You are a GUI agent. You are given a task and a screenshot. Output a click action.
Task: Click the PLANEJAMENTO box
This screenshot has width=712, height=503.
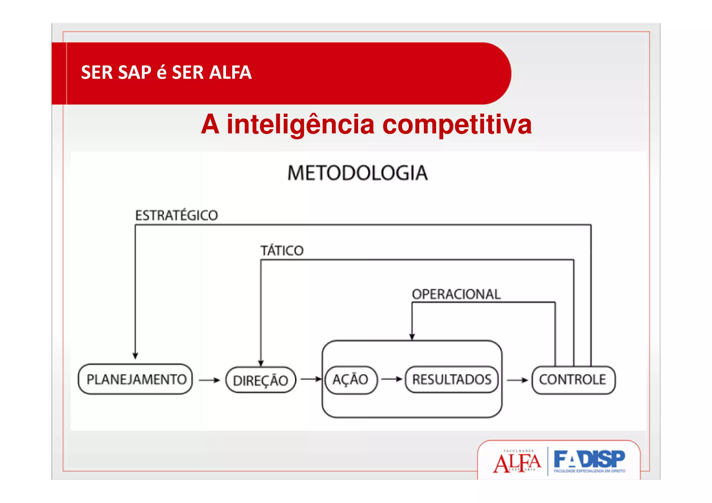[x=136, y=379]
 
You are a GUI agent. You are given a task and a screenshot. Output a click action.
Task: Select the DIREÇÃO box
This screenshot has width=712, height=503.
[x=260, y=380]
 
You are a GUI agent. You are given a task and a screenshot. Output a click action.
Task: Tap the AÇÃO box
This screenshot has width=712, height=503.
[x=350, y=380]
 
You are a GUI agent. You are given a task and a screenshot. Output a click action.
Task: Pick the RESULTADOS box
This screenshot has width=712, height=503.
[x=452, y=380]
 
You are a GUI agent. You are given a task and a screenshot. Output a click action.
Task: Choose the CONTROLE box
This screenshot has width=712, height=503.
[x=573, y=380]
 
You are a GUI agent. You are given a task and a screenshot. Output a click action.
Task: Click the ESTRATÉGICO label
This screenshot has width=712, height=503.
[x=177, y=216]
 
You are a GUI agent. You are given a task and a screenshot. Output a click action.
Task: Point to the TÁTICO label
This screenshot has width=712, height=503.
[x=282, y=251]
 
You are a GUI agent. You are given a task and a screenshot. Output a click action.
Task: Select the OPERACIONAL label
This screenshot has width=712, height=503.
[x=456, y=294]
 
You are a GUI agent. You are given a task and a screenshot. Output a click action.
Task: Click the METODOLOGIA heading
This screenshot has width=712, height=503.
[x=357, y=173]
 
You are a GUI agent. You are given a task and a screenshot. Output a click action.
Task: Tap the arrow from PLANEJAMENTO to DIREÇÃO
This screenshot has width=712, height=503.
[x=209, y=380]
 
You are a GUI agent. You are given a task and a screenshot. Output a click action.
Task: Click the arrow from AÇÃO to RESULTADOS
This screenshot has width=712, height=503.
[x=391, y=379]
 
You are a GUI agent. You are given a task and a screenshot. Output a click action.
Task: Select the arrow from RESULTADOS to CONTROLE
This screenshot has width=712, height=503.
[x=517, y=380]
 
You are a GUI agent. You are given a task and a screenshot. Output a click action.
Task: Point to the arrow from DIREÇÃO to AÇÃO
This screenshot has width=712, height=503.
[x=310, y=379]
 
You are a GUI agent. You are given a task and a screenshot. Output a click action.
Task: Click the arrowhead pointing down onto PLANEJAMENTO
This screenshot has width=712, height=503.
[x=135, y=356]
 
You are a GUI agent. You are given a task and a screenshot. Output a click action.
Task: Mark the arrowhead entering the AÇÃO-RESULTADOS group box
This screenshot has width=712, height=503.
[x=412, y=336]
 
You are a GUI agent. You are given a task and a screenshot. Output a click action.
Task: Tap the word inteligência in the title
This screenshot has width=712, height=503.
[x=300, y=124]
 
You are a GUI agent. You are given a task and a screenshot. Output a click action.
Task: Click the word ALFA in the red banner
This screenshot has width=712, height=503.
[x=230, y=73]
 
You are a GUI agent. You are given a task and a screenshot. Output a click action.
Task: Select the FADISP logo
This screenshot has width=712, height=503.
[x=589, y=461]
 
